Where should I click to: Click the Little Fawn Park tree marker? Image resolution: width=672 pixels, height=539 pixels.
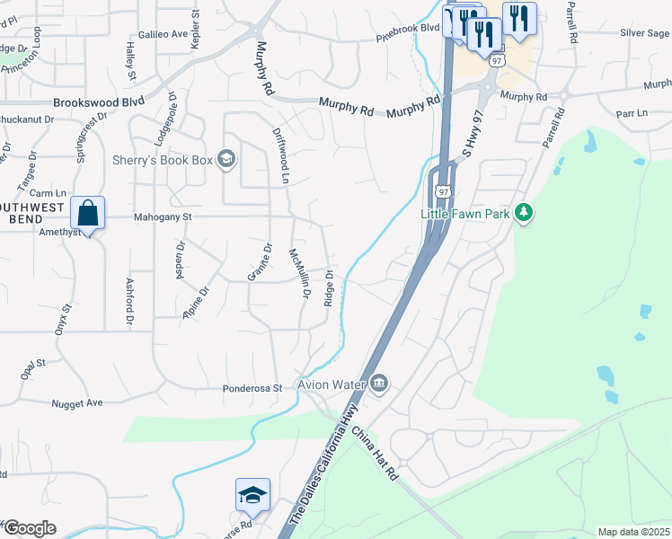525,213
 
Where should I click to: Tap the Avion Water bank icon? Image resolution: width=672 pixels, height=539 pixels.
379,384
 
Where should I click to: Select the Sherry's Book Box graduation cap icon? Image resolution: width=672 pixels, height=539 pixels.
225,160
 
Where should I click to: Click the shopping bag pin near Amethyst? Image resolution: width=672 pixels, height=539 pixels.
87,215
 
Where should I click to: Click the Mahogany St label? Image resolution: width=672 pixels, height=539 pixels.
163,216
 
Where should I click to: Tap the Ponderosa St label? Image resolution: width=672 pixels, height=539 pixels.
252,389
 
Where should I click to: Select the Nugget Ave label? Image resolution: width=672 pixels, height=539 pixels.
77,403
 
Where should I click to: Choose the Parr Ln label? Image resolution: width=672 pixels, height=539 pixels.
632,113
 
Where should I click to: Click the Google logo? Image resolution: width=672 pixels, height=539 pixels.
30,528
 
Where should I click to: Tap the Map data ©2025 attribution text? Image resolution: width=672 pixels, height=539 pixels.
633,532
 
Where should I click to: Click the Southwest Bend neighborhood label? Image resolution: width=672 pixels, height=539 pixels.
32,213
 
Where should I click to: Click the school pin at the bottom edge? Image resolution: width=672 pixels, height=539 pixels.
252,495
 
